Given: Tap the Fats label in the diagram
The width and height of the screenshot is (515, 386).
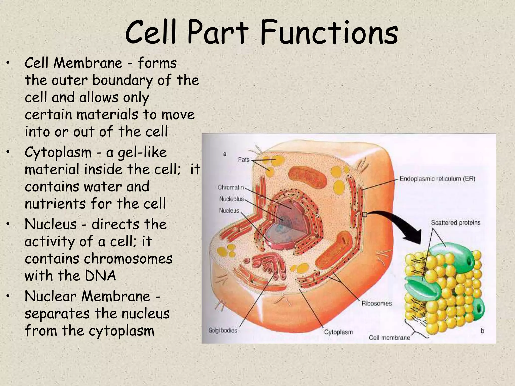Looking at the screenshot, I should (x=244, y=160).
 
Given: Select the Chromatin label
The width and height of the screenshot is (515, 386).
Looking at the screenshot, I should (x=231, y=187).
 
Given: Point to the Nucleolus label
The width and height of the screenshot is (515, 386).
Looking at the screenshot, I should (x=231, y=199).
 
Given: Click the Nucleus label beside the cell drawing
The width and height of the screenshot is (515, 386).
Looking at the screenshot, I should (x=229, y=211).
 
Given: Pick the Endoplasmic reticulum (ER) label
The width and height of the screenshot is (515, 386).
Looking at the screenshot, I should (x=437, y=179).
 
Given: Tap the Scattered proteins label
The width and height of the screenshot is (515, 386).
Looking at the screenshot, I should (x=455, y=223).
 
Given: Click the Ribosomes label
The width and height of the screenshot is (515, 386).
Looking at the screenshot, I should (x=376, y=304).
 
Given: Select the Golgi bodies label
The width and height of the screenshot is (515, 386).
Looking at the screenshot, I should (x=223, y=330).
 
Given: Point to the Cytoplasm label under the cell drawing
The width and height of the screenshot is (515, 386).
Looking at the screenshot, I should (x=338, y=332).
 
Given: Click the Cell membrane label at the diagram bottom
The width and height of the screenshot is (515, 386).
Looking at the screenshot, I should (x=389, y=338).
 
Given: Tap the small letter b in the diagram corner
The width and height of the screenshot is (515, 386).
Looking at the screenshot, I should (x=482, y=331).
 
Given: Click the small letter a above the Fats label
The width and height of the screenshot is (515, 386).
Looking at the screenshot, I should (x=225, y=154).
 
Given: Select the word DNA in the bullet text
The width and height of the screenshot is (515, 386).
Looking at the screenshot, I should (x=100, y=276).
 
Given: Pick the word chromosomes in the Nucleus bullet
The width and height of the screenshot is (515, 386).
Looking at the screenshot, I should (x=128, y=259).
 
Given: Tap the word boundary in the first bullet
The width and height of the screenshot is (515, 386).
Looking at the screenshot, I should (x=122, y=81).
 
